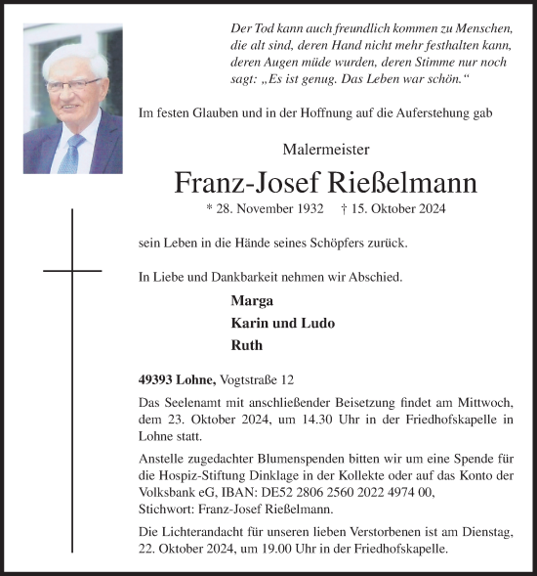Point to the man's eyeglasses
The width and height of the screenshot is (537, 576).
coord(72,85)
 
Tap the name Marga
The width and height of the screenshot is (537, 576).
coord(249,300)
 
